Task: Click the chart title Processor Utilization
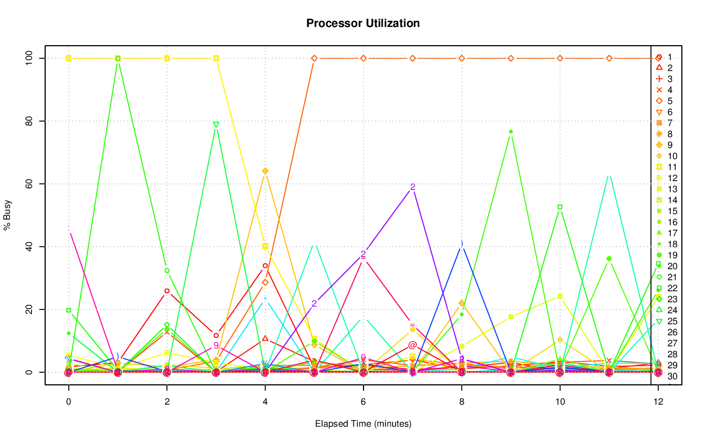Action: [x=363, y=23]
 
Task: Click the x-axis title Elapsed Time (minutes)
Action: [x=363, y=424]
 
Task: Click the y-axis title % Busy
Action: [x=8, y=215]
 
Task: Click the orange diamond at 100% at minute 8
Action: [x=462, y=58]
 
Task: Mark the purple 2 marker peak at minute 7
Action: [x=413, y=187]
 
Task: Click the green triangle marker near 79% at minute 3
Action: [x=216, y=124]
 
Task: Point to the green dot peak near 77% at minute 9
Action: [x=511, y=132]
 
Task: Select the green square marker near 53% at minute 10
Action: [x=560, y=207]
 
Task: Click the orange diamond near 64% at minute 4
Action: [x=265, y=171]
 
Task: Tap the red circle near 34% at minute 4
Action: [x=265, y=266]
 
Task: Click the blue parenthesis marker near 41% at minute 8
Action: [x=462, y=243]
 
